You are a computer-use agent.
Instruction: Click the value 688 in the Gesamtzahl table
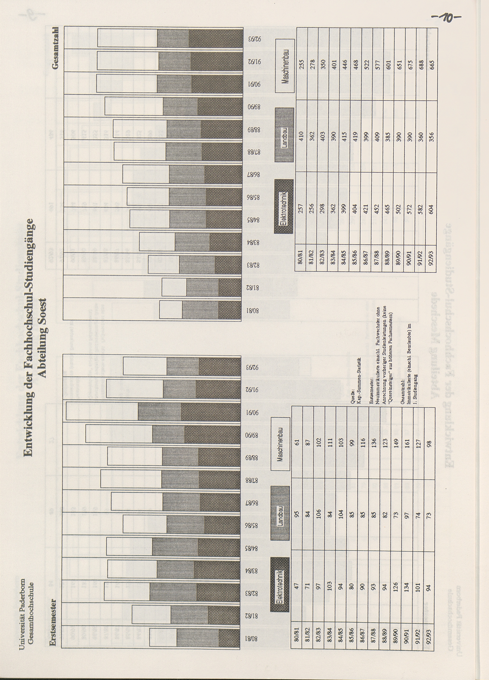[x=421, y=64]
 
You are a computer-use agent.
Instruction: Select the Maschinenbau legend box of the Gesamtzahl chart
[x=285, y=66]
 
